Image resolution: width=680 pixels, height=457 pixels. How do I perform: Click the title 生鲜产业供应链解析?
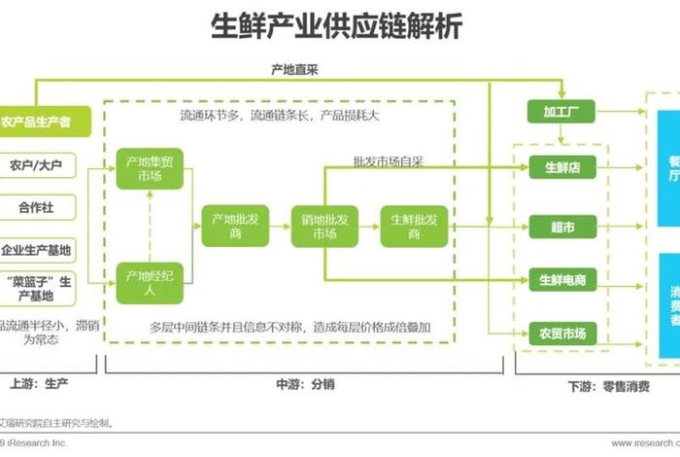337,26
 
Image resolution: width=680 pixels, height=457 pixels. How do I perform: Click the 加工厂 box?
561,111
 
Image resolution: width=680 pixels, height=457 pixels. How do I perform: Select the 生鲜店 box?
561,167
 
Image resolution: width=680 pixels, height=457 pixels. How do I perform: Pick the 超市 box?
561,228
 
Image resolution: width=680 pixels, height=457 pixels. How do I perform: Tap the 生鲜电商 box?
561,280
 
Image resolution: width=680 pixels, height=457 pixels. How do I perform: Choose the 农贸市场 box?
561,334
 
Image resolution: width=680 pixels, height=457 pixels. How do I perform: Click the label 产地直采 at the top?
295,70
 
